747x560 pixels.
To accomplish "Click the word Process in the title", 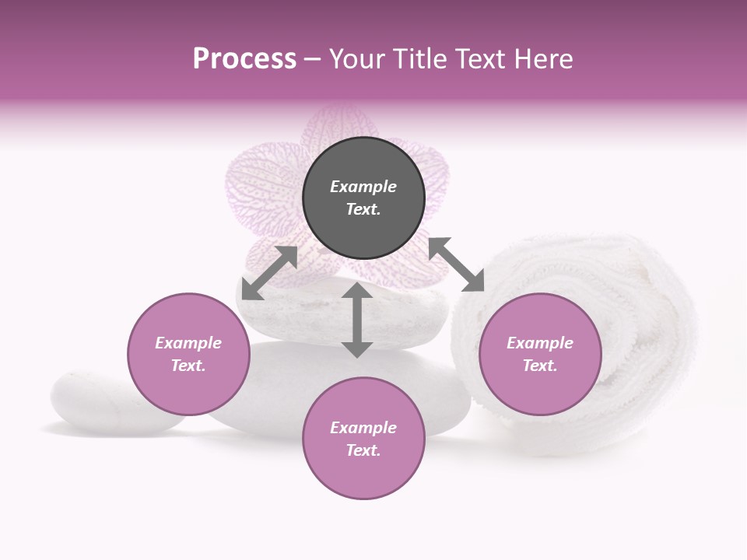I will coord(244,59).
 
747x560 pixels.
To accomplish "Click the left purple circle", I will coord(188,354).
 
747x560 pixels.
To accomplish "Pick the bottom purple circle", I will coord(363,438).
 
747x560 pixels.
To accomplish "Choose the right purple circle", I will coord(540,354).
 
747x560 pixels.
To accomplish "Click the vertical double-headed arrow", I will coord(357,320).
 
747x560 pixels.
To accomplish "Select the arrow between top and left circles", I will coord(269,273).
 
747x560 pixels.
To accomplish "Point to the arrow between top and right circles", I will coord(457,265).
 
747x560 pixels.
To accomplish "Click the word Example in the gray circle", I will coord(363,187).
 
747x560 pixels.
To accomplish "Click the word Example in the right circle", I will coord(540,343).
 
